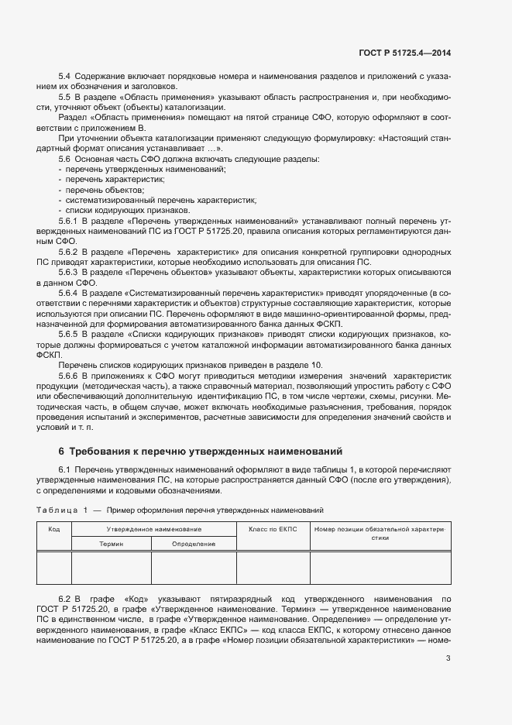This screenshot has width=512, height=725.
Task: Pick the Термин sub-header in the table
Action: point(111,544)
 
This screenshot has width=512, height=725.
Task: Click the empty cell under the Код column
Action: point(54,567)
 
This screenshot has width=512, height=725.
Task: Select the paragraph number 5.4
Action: point(65,76)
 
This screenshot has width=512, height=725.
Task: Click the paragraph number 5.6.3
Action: point(68,272)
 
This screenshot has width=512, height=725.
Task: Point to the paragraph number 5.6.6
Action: point(68,374)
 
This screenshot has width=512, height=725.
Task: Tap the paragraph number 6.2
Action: point(65,599)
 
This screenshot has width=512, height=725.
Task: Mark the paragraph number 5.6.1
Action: point(68,221)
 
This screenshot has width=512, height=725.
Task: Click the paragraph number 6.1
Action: point(65,470)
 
